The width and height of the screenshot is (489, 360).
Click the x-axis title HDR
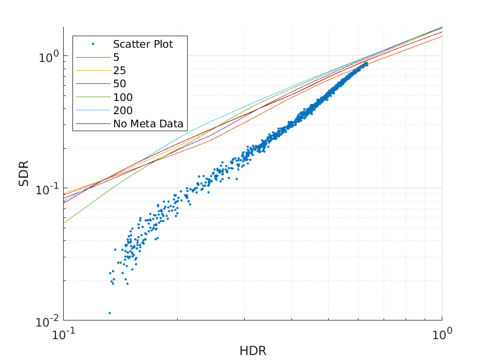point(252,350)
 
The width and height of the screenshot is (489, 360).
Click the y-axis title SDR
point(24,173)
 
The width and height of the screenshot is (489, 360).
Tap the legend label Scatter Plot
point(143,44)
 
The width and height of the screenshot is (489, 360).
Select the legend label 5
point(116,57)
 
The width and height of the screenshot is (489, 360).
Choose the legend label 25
point(120,70)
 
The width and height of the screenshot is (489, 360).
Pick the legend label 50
point(120,84)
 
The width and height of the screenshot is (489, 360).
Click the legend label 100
point(123,97)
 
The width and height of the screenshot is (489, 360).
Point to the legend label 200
point(123,110)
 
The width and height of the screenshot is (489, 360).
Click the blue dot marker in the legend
point(93,44)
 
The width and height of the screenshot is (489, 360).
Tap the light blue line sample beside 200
point(93,110)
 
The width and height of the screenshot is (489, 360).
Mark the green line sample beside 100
point(93,97)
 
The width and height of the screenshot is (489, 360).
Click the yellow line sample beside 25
point(93,70)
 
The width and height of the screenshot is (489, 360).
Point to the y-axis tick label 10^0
point(48,55)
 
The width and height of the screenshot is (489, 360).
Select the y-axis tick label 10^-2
point(47,320)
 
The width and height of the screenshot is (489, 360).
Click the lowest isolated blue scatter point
point(110,313)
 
